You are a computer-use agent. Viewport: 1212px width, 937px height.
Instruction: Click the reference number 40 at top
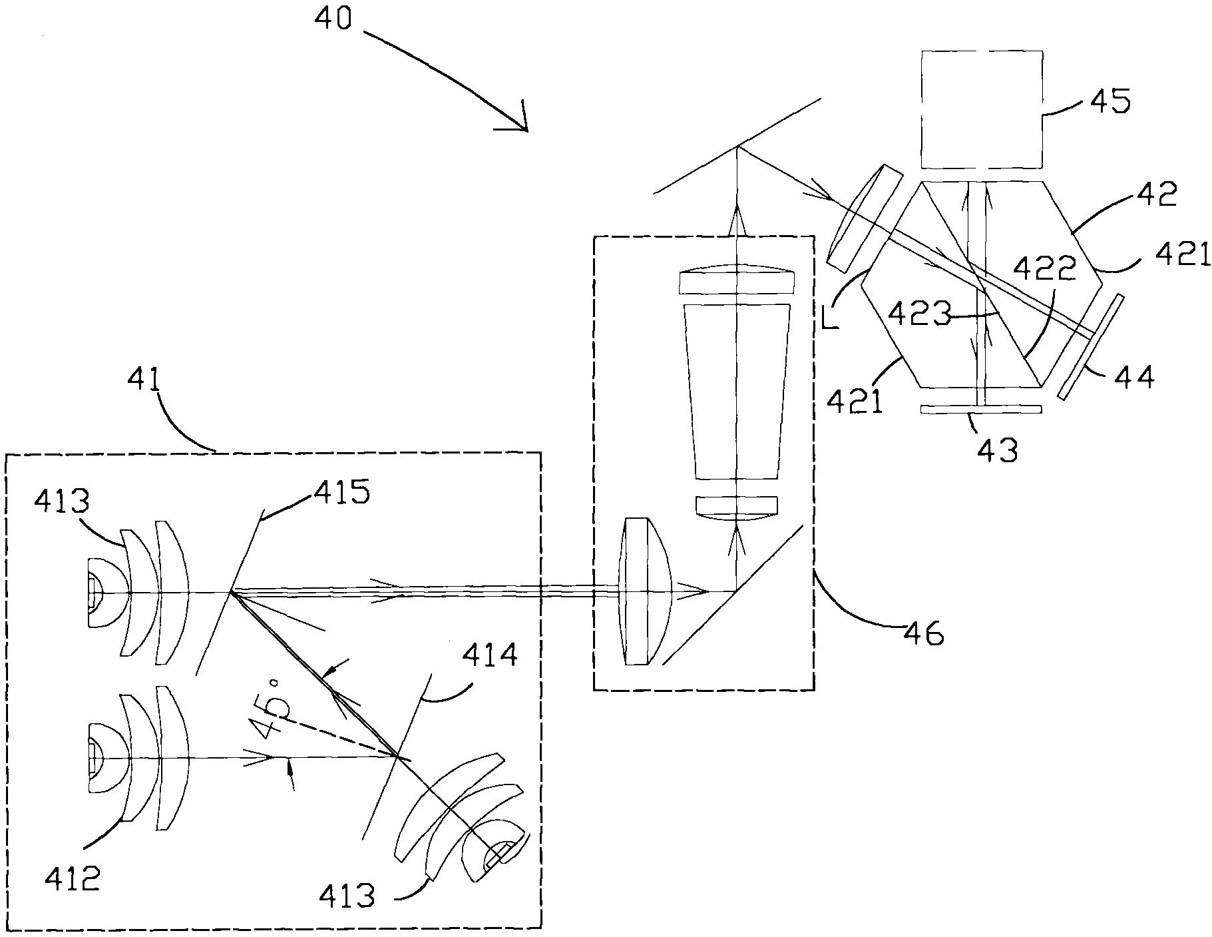pyautogui.click(x=332, y=18)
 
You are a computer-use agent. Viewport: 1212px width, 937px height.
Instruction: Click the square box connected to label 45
pyautogui.click(x=981, y=109)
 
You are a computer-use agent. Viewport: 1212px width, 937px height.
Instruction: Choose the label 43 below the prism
pyautogui.click(x=998, y=450)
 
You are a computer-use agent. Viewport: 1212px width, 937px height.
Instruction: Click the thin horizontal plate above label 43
pyautogui.click(x=980, y=410)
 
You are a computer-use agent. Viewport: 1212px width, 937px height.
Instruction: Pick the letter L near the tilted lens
pyautogui.click(x=829, y=318)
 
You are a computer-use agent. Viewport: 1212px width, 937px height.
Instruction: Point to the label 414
pyautogui.click(x=492, y=657)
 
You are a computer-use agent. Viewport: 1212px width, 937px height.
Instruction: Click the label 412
pyautogui.click(x=72, y=879)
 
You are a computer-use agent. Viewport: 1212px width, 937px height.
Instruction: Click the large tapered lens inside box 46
pyautogui.click(x=737, y=391)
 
